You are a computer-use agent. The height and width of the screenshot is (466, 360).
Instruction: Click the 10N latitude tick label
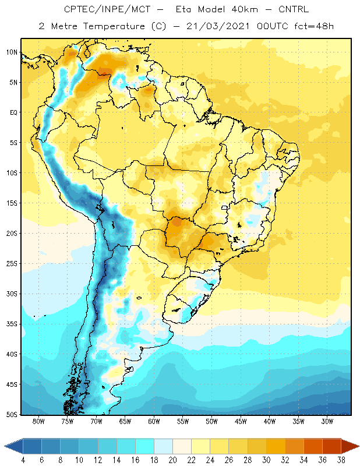point(12,52)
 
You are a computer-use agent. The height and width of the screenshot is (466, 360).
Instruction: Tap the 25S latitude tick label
point(12,264)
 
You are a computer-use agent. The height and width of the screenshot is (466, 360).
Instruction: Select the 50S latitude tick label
point(12,415)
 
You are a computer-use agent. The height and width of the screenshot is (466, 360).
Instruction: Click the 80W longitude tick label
point(38,421)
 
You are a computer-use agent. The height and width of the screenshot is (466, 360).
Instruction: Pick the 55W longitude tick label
point(183,421)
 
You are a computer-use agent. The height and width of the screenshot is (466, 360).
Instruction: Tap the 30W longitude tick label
point(327,421)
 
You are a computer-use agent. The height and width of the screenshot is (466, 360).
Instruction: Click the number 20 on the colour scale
point(172,460)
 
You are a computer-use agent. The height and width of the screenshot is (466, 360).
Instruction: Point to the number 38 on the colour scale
point(341,460)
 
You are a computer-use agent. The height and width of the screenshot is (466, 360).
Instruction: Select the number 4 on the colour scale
point(23,460)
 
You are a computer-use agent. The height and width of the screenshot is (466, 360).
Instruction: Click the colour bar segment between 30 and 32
point(276,446)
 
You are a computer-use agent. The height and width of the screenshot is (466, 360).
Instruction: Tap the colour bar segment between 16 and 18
point(144,446)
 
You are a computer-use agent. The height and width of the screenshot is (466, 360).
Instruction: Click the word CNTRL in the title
point(294,9)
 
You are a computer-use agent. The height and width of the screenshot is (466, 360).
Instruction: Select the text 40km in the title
point(245,9)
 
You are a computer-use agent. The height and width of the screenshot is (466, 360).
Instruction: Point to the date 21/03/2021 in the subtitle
point(218,26)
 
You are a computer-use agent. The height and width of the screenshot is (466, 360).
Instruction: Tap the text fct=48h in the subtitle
point(314,26)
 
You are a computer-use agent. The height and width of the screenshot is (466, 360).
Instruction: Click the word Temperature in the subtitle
point(114,26)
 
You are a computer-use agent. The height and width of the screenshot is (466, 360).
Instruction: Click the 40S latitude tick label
point(12,354)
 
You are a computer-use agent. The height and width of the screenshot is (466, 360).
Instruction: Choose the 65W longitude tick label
point(125,421)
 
